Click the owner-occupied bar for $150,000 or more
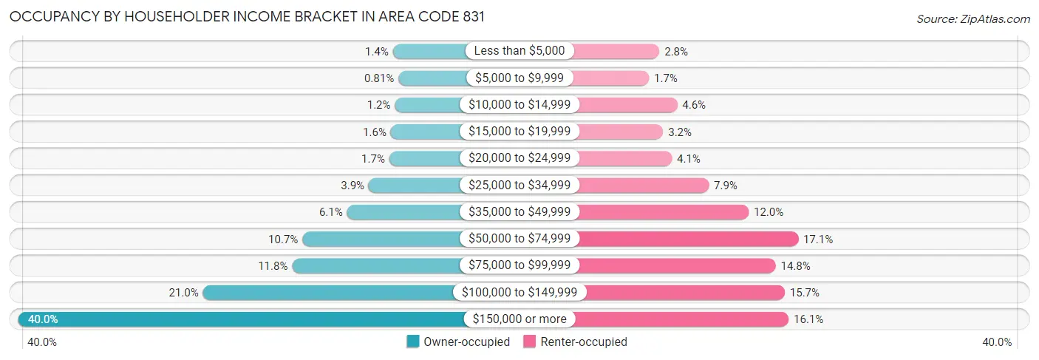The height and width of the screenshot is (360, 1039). click(244, 319)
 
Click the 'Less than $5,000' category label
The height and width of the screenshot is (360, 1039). click(519, 51)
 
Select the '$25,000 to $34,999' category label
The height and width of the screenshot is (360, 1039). click(519, 185)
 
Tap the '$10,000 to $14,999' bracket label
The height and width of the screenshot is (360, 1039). click(519, 105)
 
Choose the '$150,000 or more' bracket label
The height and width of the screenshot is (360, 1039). click(519, 319)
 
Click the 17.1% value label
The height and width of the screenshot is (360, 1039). click(819, 239)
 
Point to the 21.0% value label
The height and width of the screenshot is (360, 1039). click(183, 293)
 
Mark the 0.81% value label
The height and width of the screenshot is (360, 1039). click(378, 78)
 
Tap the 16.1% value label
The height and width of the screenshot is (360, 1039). click(808, 319)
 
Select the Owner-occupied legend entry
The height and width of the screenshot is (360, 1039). click(458, 342)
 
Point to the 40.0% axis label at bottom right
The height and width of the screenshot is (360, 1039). click(997, 342)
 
